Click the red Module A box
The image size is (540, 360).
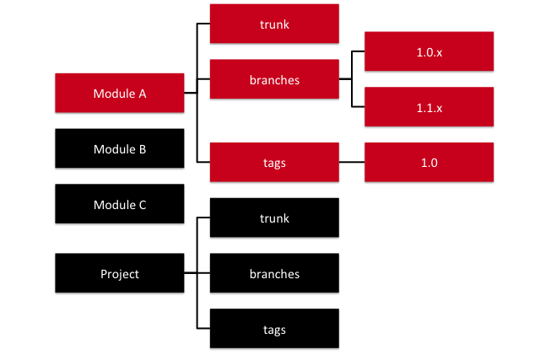tap(119, 93)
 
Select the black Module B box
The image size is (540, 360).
tap(119, 149)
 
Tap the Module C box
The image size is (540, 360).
tap(119, 205)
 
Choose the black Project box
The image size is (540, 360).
tap(119, 273)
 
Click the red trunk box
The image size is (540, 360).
tap(274, 24)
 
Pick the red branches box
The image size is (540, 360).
tap(274, 80)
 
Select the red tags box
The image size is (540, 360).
tap(274, 163)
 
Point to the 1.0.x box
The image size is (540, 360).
tap(429, 52)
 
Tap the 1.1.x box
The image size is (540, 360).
tap(429, 107)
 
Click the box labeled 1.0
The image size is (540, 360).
tap(429, 163)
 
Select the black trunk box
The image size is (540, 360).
tap(274, 218)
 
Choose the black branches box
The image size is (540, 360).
tap(274, 273)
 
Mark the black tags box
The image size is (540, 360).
tap(274, 329)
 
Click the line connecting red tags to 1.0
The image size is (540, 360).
tap(351, 163)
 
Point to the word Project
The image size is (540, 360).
tap(119, 273)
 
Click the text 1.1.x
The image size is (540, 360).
tap(429, 107)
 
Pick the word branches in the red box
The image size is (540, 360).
tap(274, 80)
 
